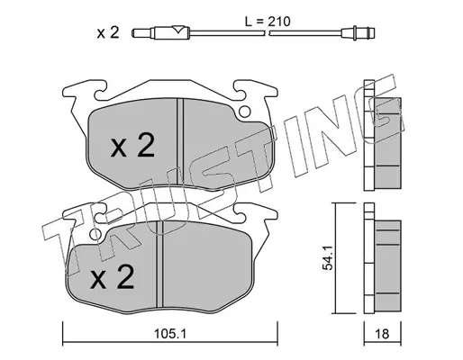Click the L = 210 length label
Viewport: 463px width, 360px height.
pos(267,22)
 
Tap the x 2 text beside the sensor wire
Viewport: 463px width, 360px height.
pos(108,32)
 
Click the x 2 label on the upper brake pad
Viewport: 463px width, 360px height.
pos(132,145)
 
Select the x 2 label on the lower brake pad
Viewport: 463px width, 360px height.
pos(112,276)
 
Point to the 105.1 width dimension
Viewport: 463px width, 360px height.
pos(170,334)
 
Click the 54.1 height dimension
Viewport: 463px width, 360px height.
pos(327,257)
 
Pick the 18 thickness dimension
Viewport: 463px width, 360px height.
pos(382,334)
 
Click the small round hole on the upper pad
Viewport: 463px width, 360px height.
pos(244,112)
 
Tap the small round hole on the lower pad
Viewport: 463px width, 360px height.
pos(95,234)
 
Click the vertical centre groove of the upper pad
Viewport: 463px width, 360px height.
pos(180,141)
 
